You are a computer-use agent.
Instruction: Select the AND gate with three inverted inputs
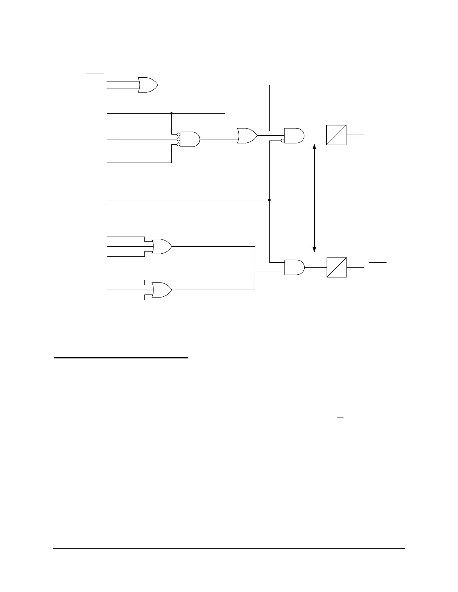tap(190, 139)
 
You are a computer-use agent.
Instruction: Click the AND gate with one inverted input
tap(294, 136)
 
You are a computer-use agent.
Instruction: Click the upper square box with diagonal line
tap(336, 135)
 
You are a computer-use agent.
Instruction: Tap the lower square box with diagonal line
tap(336, 267)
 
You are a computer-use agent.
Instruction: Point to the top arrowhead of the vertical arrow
tap(314, 147)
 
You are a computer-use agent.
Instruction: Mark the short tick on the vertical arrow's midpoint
tap(319, 193)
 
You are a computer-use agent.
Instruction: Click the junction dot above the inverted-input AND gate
tap(171, 113)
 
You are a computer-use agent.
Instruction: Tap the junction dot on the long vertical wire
tap(269, 200)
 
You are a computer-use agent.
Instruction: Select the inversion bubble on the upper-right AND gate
tap(283, 141)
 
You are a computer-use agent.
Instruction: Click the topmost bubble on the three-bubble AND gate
tap(178, 135)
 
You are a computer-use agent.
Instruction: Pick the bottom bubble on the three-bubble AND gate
tap(178, 144)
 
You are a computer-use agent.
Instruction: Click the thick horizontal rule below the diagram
tap(121, 358)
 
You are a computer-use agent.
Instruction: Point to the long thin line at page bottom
tap(229, 548)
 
